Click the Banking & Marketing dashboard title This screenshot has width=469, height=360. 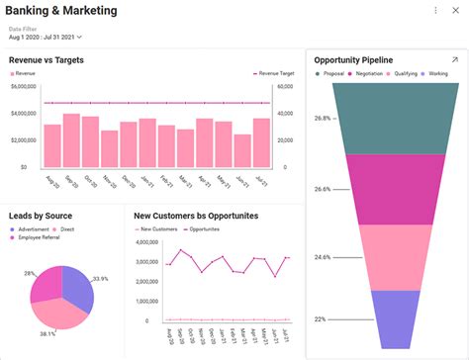coord(61,11)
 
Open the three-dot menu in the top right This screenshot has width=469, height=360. coord(436,11)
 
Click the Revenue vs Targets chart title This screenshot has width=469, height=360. coord(46,60)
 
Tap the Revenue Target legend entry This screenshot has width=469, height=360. coord(276,74)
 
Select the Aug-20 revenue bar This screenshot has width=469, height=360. coord(52,145)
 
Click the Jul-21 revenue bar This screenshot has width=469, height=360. coord(261,142)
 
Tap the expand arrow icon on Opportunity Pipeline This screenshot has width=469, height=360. coord(454,60)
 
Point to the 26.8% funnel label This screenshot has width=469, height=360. coord(323,119)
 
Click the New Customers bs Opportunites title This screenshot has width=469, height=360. coord(196,215)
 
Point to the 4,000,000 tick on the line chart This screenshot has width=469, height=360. coord(146,241)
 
